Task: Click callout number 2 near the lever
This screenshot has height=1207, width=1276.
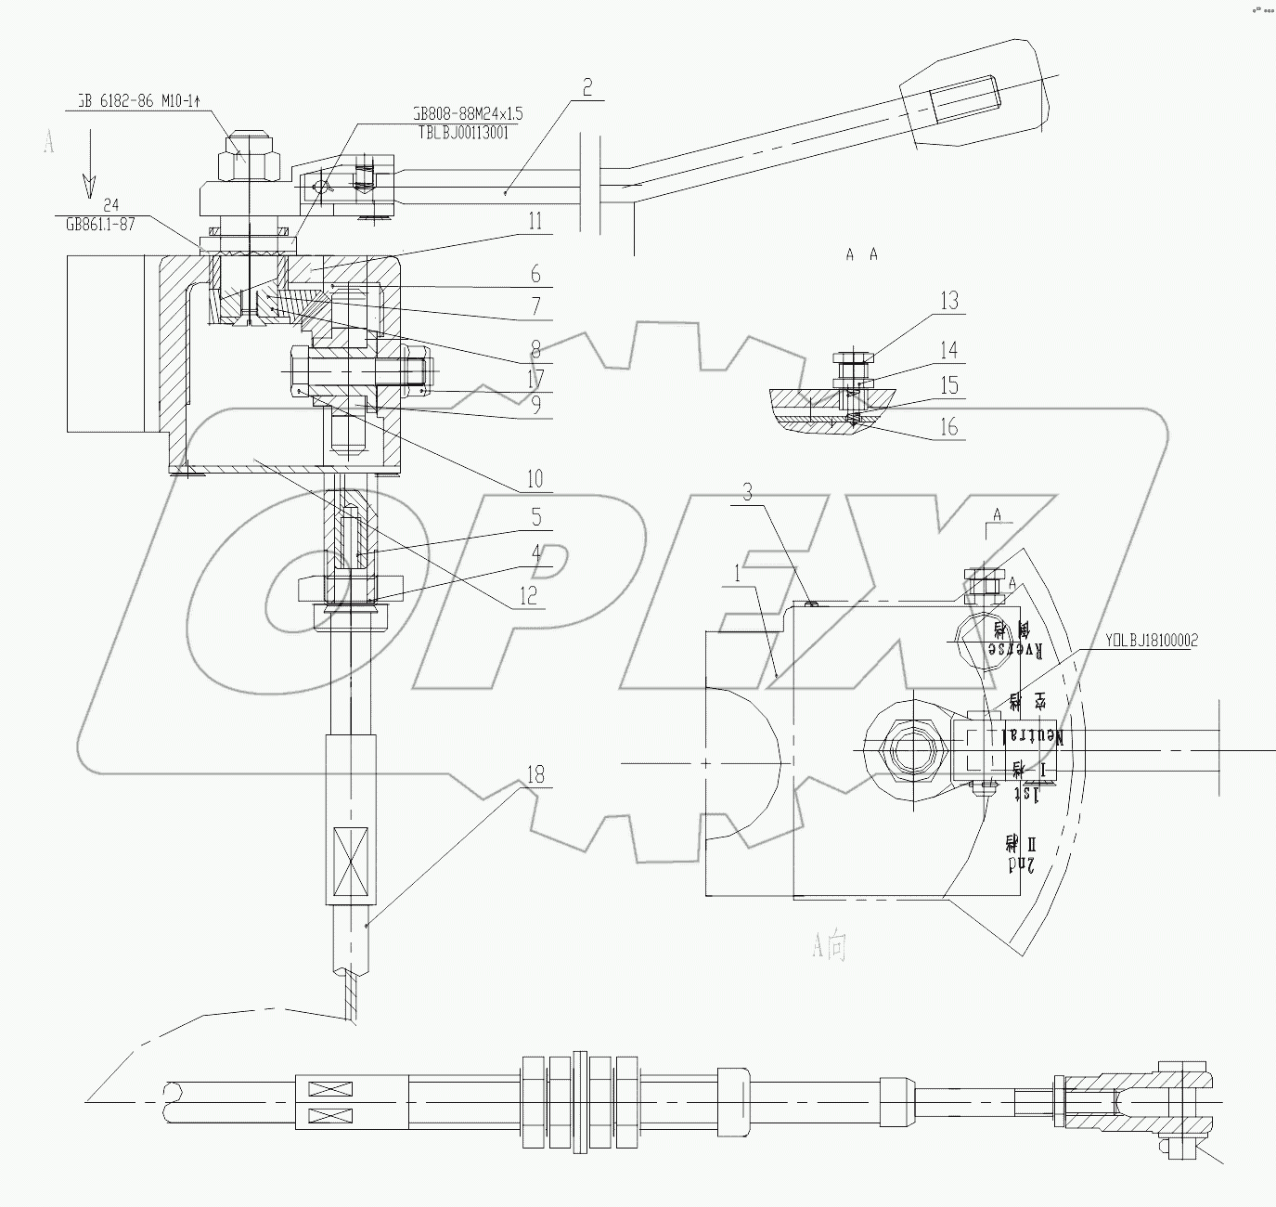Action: pyautogui.click(x=586, y=88)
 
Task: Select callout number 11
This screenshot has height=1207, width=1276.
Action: pyautogui.click(x=535, y=222)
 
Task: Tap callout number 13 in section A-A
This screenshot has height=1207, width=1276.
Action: pyautogui.click(x=948, y=301)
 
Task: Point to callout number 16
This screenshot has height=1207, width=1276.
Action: pyautogui.click(x=948, y=427)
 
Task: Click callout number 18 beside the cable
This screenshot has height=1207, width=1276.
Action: pyautogui.click(x=535, y=774)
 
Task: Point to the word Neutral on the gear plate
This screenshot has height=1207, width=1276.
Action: pyautogui.click(x=1030, y=734)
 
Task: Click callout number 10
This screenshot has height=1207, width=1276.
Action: pyautogui.click(x=535, y=480)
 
